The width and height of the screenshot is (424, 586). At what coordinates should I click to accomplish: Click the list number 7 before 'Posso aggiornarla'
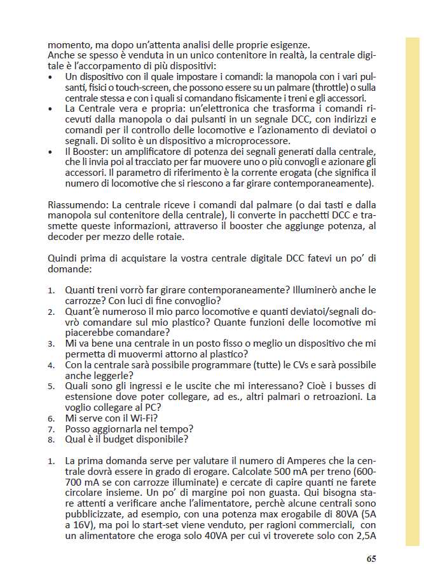click(51, 429)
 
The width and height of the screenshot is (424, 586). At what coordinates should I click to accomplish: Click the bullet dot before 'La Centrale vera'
click(51, 109)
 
